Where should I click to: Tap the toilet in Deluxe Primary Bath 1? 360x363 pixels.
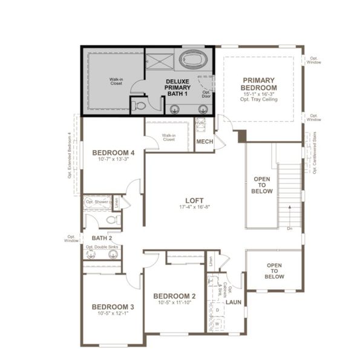pyautogui.click(x=140, y=105)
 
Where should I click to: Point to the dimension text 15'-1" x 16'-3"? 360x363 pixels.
pyautogui.click(x=258, y=94)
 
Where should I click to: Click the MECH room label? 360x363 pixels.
pyautogui.click(x=204, y=142)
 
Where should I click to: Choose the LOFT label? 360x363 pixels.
pyautogui.click(x=194, y=200)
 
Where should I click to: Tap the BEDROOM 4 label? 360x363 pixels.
pyautogui.click(x=113, y=152)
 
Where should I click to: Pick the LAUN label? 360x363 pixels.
pyautogui.click(x=234, y=301)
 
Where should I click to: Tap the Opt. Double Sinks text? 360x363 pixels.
pyautogui.click(x=100, y=247)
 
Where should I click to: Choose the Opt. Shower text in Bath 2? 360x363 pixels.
pyautogui.click(x=97, y=201)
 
